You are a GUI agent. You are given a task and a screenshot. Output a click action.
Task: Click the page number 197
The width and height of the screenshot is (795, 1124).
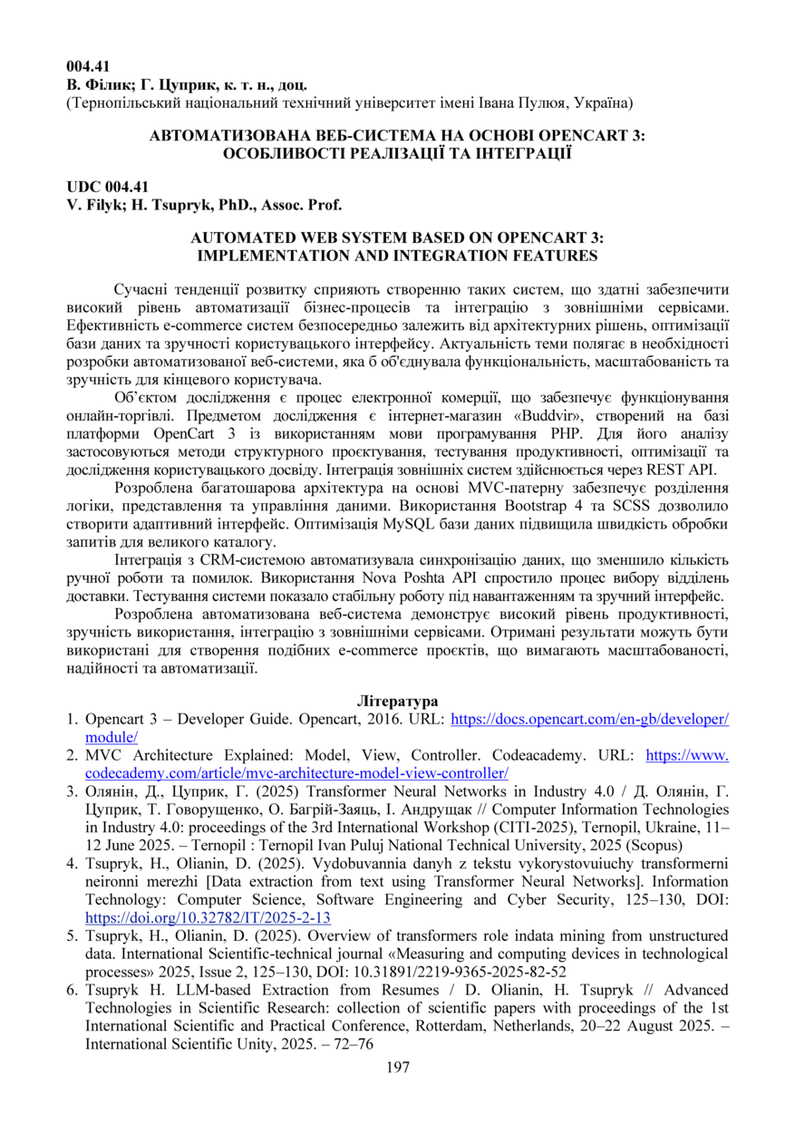(x=397, y=1067)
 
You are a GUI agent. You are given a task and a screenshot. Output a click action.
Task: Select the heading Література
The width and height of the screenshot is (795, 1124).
(x=397, y=702)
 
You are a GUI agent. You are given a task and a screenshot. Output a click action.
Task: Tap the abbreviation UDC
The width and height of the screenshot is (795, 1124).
(x=83, y=187)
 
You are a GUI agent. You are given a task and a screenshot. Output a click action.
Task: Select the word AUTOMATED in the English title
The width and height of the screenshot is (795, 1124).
(x=243, y=237)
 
